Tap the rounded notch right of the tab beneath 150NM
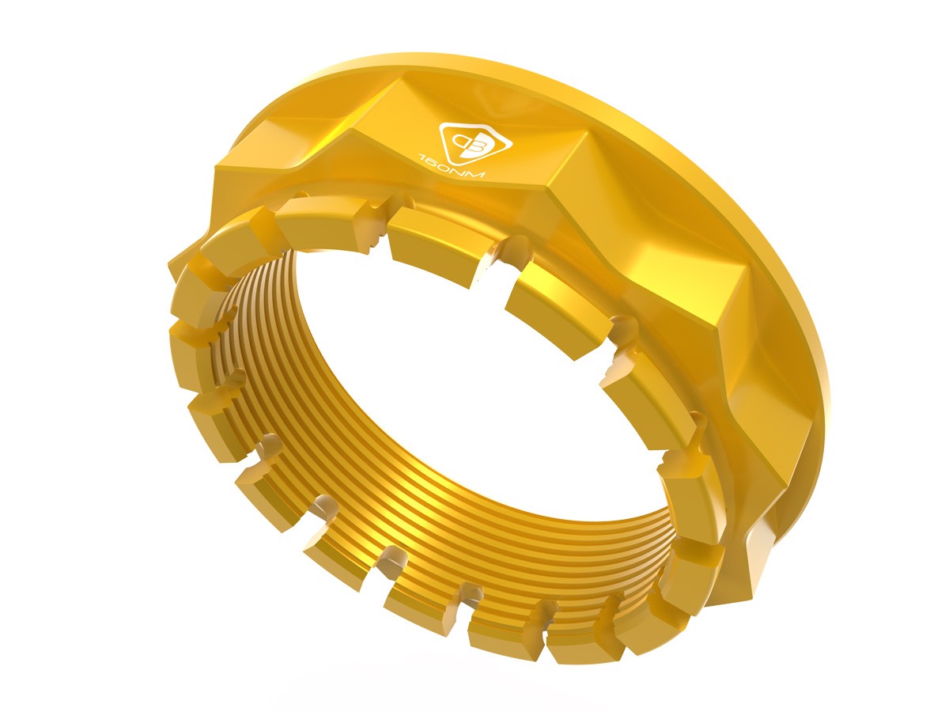498,253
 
